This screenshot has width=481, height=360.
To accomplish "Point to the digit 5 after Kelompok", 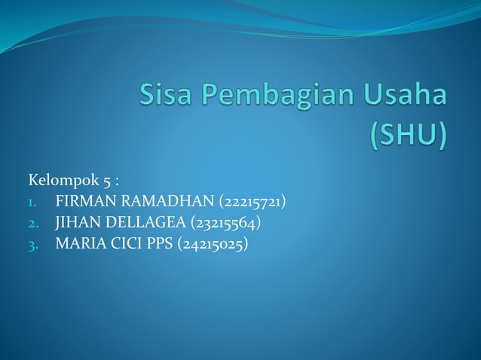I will [107, 182].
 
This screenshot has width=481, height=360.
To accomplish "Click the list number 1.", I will [32, 203].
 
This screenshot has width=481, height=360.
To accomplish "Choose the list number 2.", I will [32, 224].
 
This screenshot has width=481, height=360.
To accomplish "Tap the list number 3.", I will [32, 245].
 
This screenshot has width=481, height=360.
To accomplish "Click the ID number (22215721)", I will [244, 202].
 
